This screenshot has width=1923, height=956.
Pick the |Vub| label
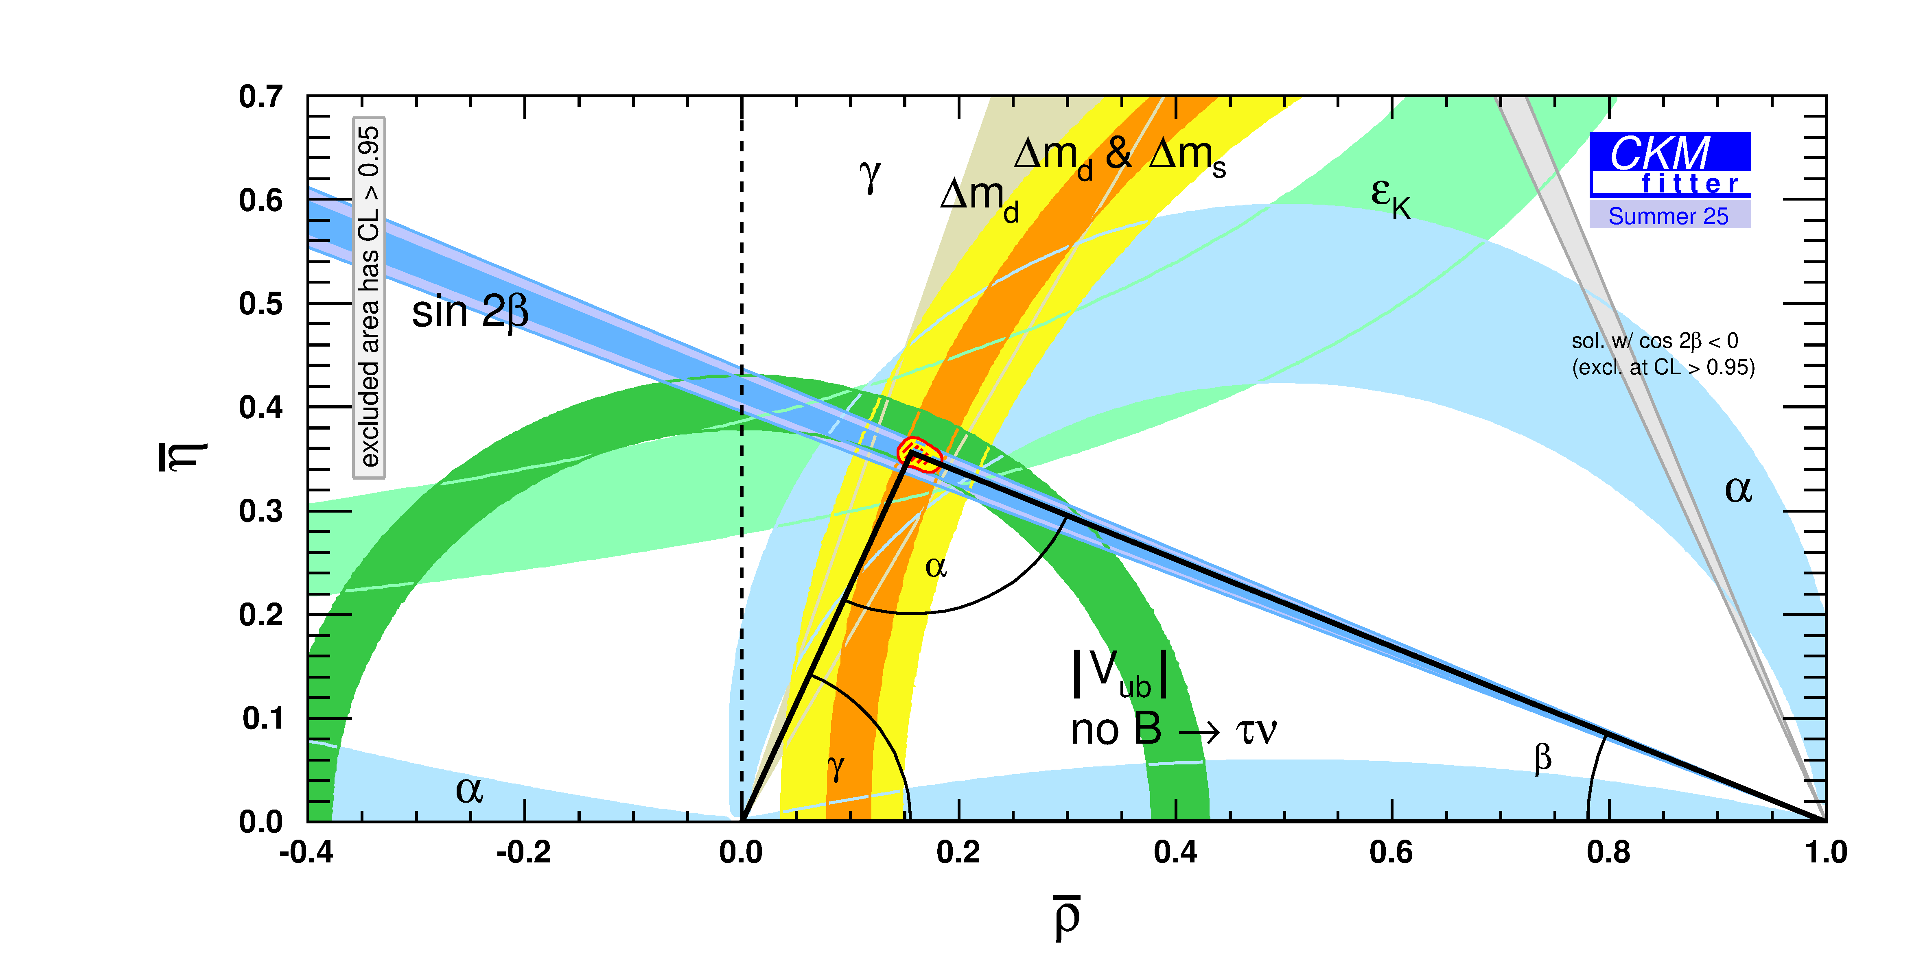[x=1119, y=674]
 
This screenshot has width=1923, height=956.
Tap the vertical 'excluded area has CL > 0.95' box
[x=369, y=297]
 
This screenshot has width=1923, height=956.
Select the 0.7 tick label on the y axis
[x=260, y=97]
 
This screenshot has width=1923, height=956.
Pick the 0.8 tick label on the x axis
[x=1608, y=852]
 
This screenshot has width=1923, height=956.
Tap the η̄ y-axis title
[x=182, y=457]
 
